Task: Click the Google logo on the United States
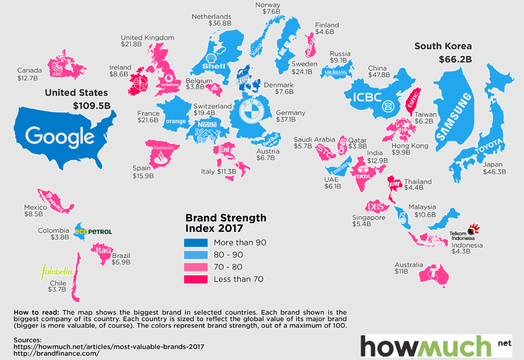point(60,137)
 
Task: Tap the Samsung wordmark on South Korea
point(453,116)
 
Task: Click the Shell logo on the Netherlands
point(213,62)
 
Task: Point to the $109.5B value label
point(92,106)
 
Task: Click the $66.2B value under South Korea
point(455,59)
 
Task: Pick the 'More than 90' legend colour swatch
point(195,242)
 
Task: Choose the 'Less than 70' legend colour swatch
point(195,279)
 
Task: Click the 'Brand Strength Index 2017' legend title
point(226,222)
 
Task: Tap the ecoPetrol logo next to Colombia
point(93,231)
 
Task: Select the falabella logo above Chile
point(57,271)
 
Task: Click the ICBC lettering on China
point(363,98)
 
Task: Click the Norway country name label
point(268,5)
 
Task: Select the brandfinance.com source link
point(57,353)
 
